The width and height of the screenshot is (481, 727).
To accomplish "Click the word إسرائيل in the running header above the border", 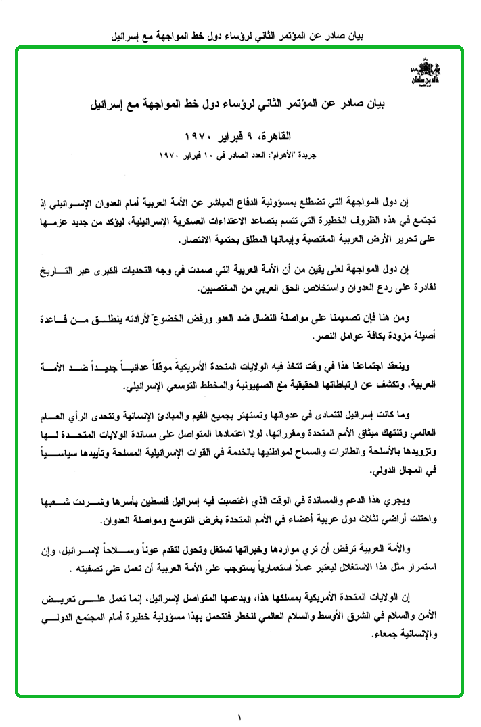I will click(131, 33).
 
